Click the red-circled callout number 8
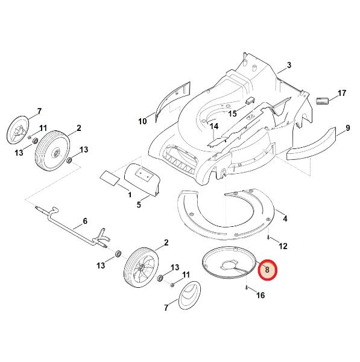point(267,270)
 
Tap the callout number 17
point(342,93)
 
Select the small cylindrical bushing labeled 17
point(322,101)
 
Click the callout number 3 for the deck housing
point(289,65)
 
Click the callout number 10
point(142,121)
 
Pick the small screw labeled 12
point(268,237)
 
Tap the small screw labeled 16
point(247,288)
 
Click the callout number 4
point(285,218)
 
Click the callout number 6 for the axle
point(85,221)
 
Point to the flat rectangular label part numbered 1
point(110,178)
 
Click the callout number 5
point(139,205)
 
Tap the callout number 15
point(232,113)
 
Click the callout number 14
point(214,126)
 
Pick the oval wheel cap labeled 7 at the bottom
point(190,295)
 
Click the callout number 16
point(261,295)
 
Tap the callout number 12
point(283,246)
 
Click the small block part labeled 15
point(250,100)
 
